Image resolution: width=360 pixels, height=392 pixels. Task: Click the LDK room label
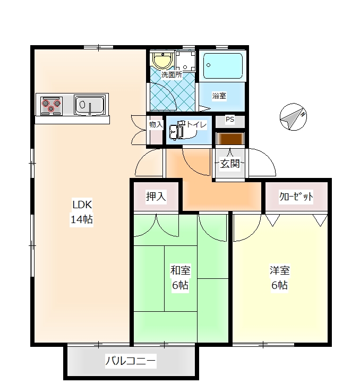tap(82, 204)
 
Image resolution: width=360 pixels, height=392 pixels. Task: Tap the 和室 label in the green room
tap(181, 270)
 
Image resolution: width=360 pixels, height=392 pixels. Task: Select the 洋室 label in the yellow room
tap(280, 270)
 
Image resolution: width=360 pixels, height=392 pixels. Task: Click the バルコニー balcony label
tap(131, 361)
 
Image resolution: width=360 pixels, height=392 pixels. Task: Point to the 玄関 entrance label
tap(230, 164)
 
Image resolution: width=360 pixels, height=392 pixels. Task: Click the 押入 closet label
tap(156, 197)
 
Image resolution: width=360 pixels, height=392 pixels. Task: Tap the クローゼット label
tap(296, 197)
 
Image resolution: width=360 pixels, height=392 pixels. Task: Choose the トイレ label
tap(197, 124)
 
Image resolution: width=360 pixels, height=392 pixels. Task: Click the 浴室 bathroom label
tap(219, 96)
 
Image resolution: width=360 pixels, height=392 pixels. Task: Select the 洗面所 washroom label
tap(172, 74)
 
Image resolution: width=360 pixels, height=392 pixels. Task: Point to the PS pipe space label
tap(230, 120)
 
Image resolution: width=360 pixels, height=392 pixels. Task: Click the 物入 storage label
tap(156, 124)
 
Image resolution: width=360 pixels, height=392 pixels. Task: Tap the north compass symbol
tap(293, 117)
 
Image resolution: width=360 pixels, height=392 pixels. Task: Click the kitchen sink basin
tap(89, 105)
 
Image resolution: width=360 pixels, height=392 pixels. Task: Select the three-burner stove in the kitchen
tap(51, 106)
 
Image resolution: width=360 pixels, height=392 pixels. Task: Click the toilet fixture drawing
tap(178, 130)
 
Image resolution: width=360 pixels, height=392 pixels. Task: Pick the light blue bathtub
tap(223, 65)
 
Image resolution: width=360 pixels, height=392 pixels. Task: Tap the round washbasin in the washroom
tap(162, 59)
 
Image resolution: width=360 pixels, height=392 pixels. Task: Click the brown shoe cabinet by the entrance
tap(230, 139)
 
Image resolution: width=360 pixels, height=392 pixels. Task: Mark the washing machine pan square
tap(185, 61)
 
